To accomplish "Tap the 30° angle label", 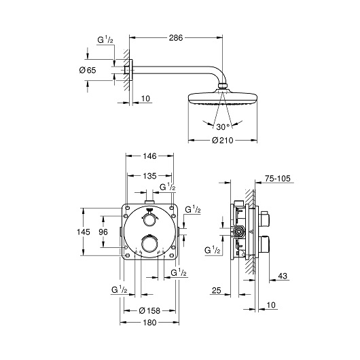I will tap(221, 126).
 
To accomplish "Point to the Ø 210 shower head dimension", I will tap(221, 141).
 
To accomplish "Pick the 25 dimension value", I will tap(216, 291).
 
